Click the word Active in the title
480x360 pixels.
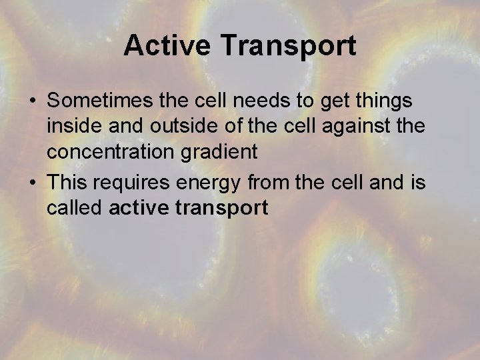pos(167,46)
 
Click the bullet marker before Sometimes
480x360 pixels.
pos(32,101)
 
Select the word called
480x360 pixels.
pos(74,208)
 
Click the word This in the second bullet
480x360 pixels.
pos(69,182)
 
